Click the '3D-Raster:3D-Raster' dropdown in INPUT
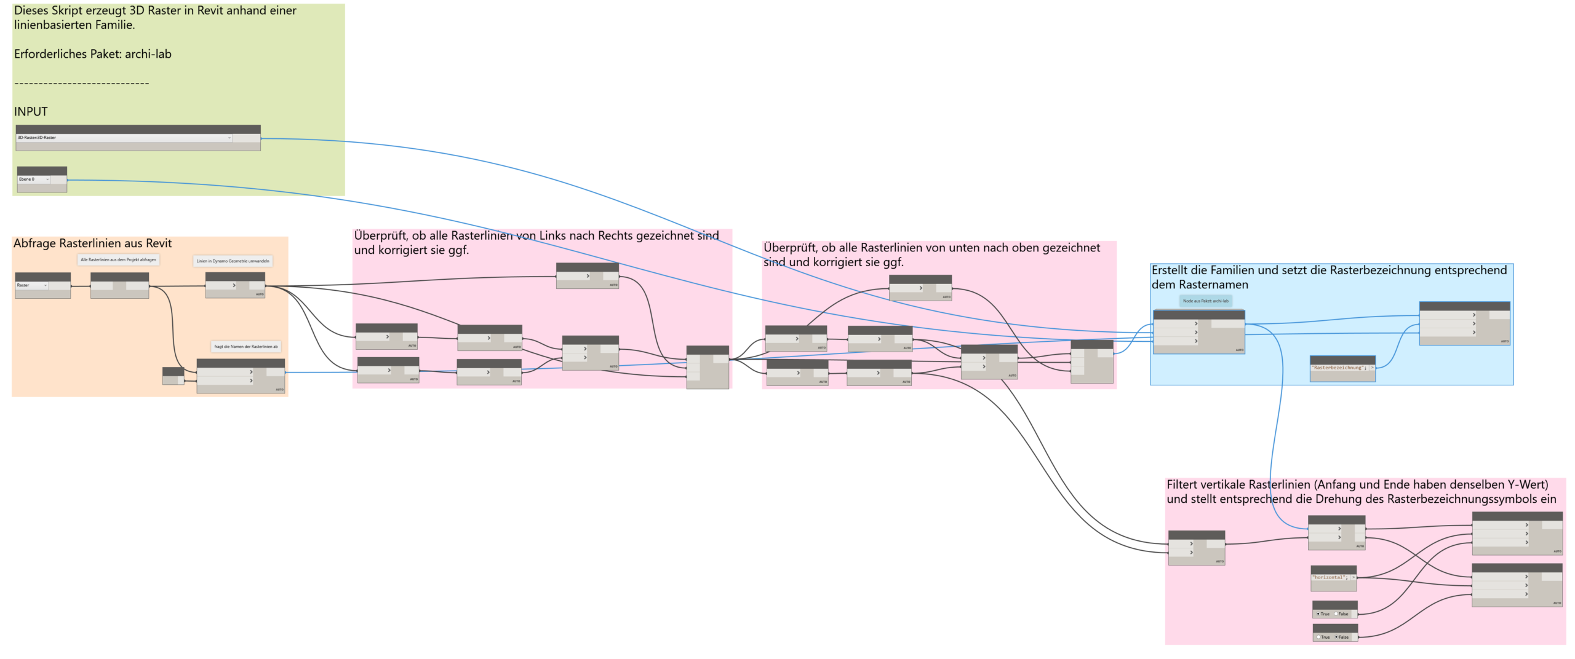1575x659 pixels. [x=123, y=138]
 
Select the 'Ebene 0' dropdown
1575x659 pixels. [x=34, y=180]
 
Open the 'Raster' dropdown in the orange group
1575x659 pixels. [x=31, y=285]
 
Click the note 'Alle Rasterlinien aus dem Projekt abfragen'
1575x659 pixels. [x=118, y=260]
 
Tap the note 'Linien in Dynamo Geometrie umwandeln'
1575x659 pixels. [x=233, y=261]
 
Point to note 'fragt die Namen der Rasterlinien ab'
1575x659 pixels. [x=245, y=347]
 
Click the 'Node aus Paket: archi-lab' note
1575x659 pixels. [x=1205, y=301]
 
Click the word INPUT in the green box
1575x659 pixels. [x=31, y=112]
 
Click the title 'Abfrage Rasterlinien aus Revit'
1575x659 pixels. [x=92, y=243]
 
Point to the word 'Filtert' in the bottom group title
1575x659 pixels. [x=1182, y=484]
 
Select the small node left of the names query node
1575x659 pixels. [x=173, y=376]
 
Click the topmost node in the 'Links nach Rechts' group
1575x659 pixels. [x=587, y=276]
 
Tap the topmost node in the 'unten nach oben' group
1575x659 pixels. [x=920, y=288]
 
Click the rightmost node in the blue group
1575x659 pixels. [x=1464, y=323]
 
